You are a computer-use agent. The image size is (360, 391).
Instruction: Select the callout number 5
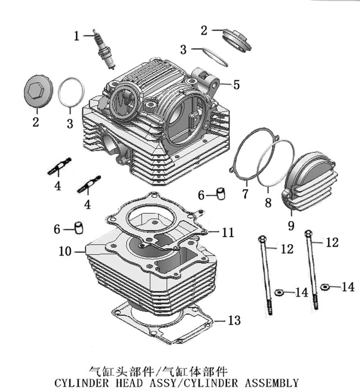click(237, 85)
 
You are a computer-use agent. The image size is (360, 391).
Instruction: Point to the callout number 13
click(234, 321)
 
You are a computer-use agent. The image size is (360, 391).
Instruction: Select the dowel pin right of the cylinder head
click(221, 193)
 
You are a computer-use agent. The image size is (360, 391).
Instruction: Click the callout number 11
click(228, 232)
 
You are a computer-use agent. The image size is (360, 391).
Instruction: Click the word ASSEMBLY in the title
click(272, 383)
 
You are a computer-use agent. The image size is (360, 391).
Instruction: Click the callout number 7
click(245, 194)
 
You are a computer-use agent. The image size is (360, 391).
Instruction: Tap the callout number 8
click(268, 203)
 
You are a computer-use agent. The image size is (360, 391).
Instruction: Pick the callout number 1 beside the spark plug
click(77, 36)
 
